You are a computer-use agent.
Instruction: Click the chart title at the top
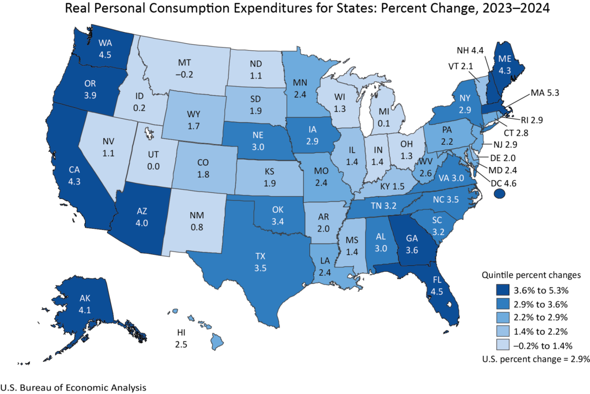point(295,9)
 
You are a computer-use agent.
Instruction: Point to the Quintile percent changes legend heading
point(530,275)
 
